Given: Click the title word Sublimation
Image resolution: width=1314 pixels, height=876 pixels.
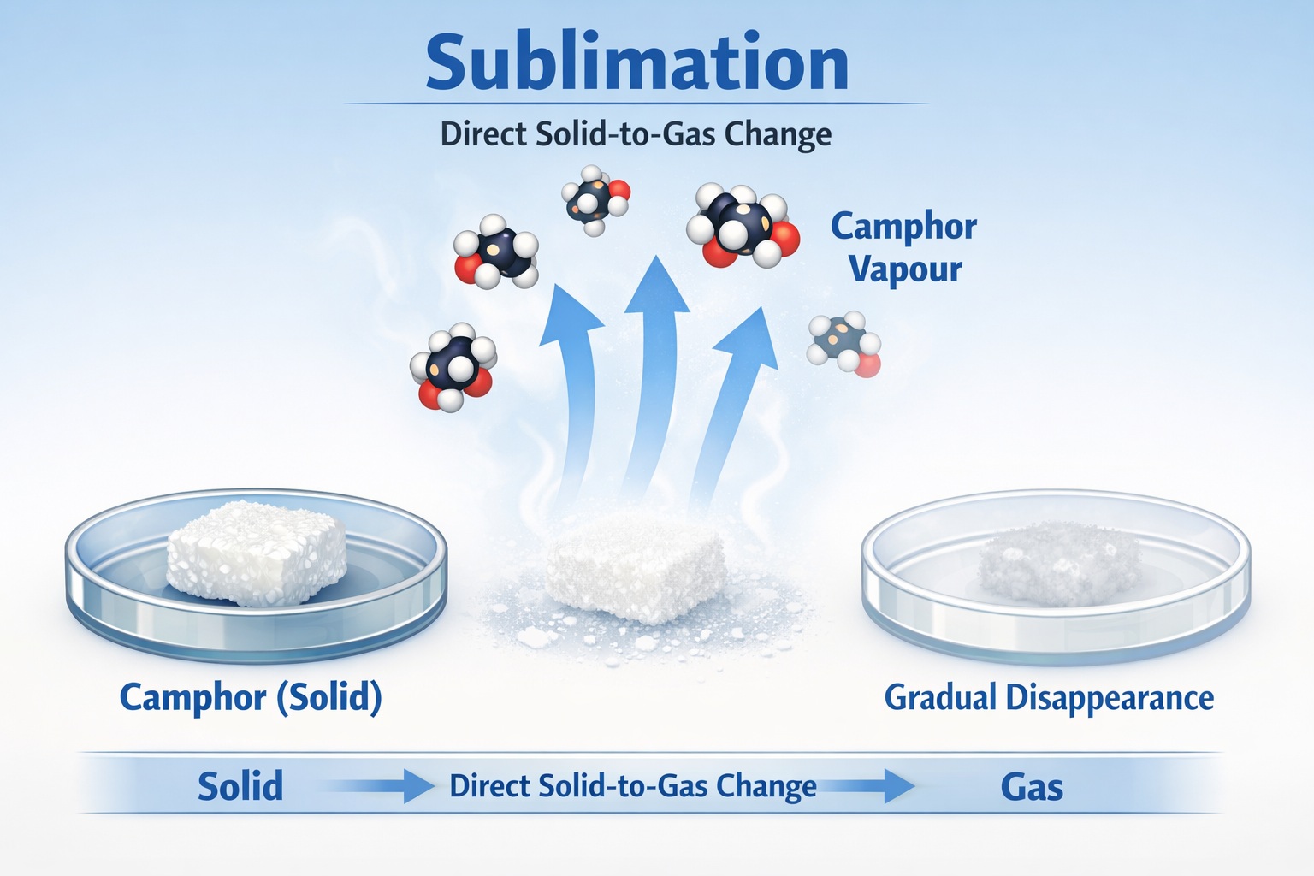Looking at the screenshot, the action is pos(637,62).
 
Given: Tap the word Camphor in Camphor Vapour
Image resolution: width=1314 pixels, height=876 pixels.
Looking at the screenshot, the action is pos(903,228).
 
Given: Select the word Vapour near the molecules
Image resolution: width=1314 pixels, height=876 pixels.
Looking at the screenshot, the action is pos(905,269).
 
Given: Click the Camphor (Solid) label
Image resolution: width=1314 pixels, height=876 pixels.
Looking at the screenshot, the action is pos(251,698).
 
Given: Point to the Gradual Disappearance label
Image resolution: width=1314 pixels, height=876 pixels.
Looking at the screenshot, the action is pos(1049,698).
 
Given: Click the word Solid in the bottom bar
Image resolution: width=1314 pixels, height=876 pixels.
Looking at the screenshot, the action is pos(240,786).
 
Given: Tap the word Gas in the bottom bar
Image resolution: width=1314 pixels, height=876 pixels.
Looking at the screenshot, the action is pos(1032,787).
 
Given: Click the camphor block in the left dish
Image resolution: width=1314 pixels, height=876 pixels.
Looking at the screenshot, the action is pos(257,553).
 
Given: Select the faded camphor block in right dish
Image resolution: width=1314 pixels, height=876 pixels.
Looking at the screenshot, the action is pos(1061,563).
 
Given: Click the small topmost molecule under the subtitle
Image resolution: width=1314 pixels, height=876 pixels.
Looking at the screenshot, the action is pos(595,199).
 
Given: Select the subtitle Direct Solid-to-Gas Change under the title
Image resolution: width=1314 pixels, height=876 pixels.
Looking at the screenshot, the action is pos(636,134).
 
